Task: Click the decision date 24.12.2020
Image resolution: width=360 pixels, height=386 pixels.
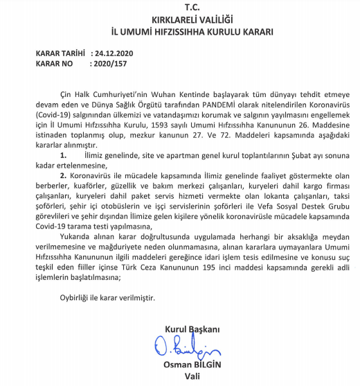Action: pos(114,53)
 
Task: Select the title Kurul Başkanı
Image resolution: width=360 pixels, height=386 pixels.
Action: pos(192,328)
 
